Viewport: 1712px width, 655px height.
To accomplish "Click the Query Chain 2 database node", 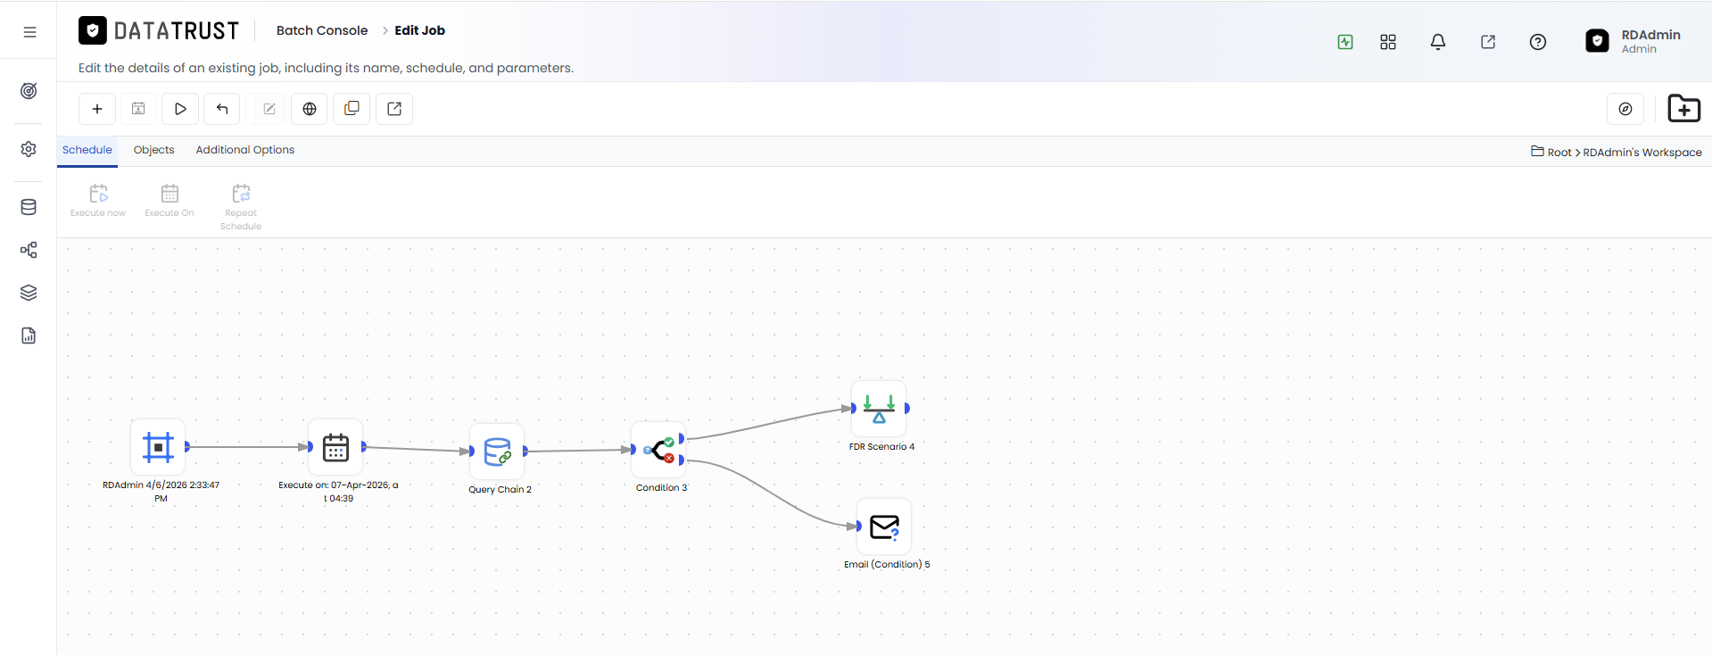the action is (x=497, y=452).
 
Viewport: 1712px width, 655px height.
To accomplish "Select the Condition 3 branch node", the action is (x=658, y=450).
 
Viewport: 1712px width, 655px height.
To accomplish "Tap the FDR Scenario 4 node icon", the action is (x=879, y=409).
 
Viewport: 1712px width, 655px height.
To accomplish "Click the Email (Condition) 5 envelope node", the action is (x=884, y=526).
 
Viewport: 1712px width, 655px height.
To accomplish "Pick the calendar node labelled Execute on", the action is (x=335, y=447).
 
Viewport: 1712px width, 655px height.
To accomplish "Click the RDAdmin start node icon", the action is (x=158, y=447).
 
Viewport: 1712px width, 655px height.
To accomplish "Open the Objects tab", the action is (x=153, y=150).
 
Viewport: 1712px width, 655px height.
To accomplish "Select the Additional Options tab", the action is (x=245, y=150).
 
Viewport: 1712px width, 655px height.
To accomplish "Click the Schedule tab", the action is (x=87, y=150).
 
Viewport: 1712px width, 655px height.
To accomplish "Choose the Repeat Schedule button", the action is (x=241, y=207).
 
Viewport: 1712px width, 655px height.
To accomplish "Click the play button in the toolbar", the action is (x=180, y=109).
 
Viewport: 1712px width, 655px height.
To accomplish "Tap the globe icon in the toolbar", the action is (x=310, y=109).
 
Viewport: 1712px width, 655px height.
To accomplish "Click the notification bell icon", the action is (x=1438, y=42).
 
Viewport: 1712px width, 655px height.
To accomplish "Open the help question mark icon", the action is (x=1538, y=42).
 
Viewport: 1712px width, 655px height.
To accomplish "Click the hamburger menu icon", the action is (x=29, y=32).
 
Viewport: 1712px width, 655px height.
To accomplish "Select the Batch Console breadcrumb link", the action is (x=322, y=30).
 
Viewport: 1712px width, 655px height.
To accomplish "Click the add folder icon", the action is (x=1684, y=108).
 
